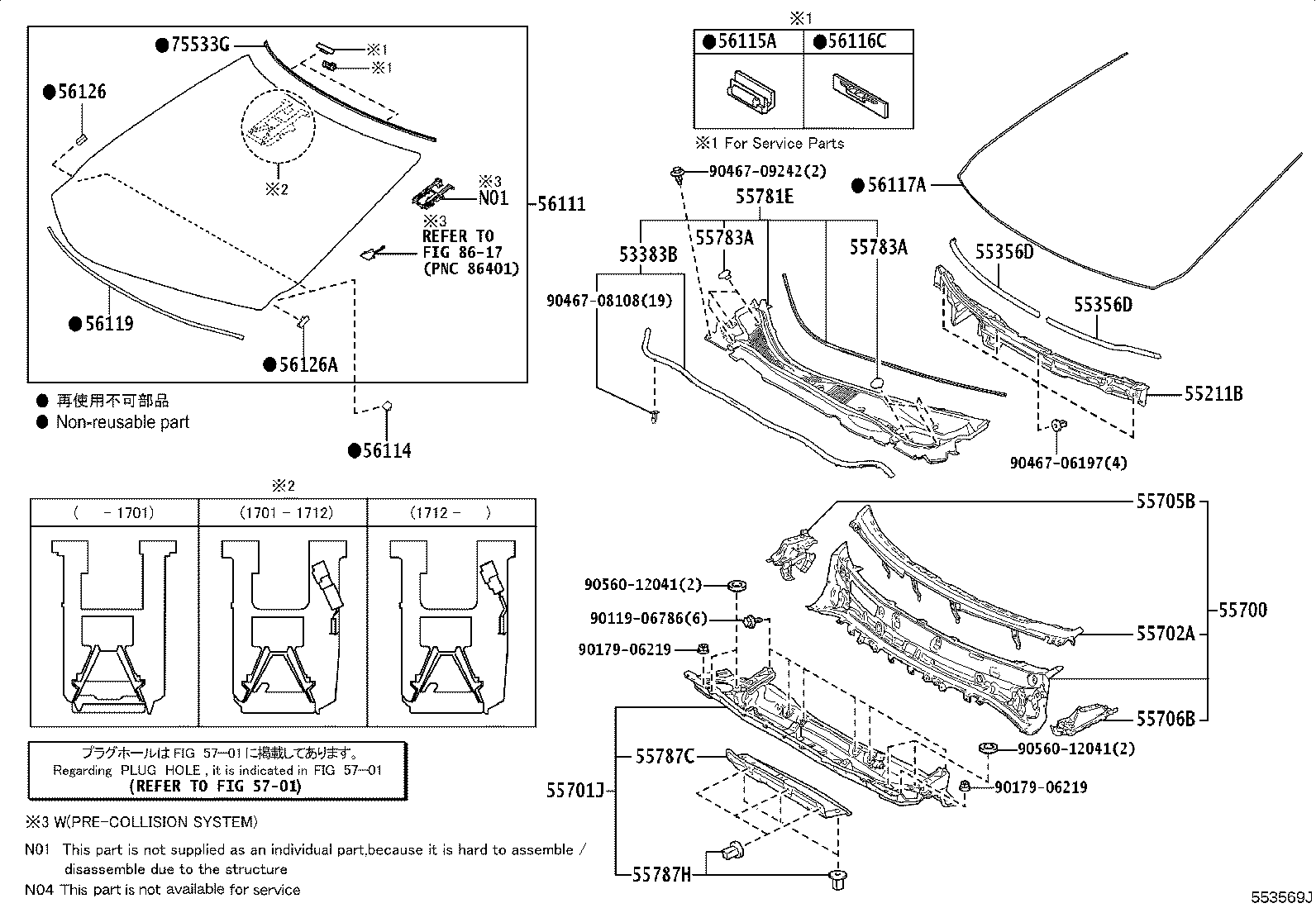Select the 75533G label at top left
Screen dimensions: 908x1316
[199, 45]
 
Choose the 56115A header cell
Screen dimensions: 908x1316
[747, 42]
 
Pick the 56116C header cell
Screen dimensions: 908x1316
[857, 42]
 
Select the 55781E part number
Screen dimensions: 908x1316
[765, 197]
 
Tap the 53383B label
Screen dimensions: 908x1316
[649, 255]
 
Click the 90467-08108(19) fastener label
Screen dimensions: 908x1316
[608, 302]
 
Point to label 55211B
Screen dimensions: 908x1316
[1213, 394]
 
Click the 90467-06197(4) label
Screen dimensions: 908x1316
[1068, 464]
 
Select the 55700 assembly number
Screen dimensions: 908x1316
[1242, 611]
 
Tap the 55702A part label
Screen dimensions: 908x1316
[1165, 634]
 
